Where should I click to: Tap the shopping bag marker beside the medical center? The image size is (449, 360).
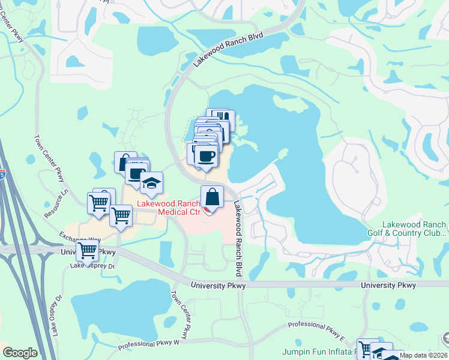213,196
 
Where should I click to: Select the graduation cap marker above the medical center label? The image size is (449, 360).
152,182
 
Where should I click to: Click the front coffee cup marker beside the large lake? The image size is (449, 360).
206,156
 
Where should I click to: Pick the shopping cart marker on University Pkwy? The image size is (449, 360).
87,252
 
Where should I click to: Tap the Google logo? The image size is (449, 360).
20,353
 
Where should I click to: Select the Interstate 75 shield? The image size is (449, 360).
2,175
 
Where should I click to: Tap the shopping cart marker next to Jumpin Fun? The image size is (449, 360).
367,347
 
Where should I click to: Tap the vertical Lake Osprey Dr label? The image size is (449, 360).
59,314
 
